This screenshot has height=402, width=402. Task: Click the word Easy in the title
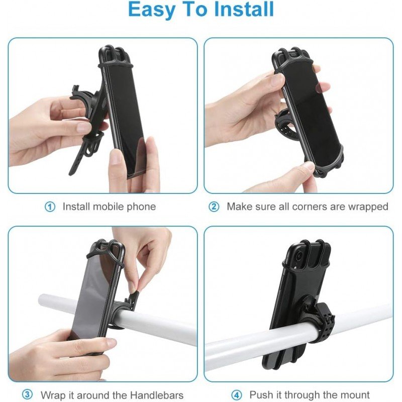point(150,10)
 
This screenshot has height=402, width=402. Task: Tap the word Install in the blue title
point(244,9)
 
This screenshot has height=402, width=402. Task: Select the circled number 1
point(50,207)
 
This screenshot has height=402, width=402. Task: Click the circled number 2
point(214,207)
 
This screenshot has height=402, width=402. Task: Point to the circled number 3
point(27,395)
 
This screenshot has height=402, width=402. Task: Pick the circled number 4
point(237,395)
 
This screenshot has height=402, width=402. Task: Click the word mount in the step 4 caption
point(355,395)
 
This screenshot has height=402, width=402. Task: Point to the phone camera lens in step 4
point(298,256)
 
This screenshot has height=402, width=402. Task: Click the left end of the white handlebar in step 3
point(41,300)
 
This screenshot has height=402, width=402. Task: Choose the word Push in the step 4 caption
point(261,395)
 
